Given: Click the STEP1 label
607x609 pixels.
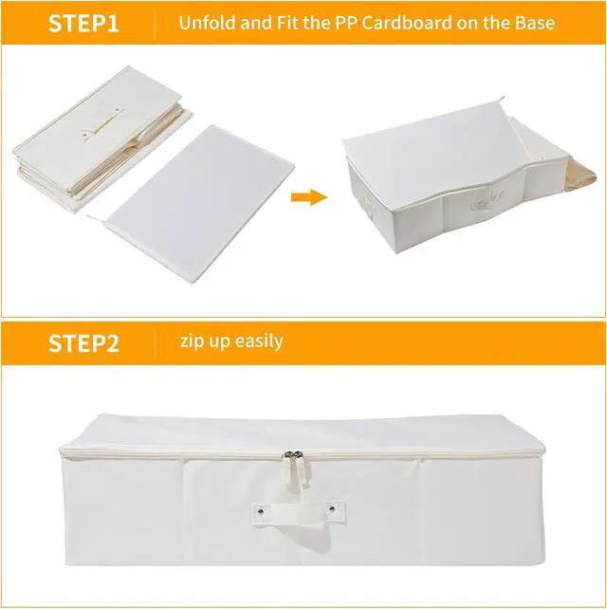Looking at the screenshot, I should [83, 24].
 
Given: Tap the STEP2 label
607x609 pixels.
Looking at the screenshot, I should [83, 342].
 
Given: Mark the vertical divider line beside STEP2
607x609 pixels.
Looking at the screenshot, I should [155, 341].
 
